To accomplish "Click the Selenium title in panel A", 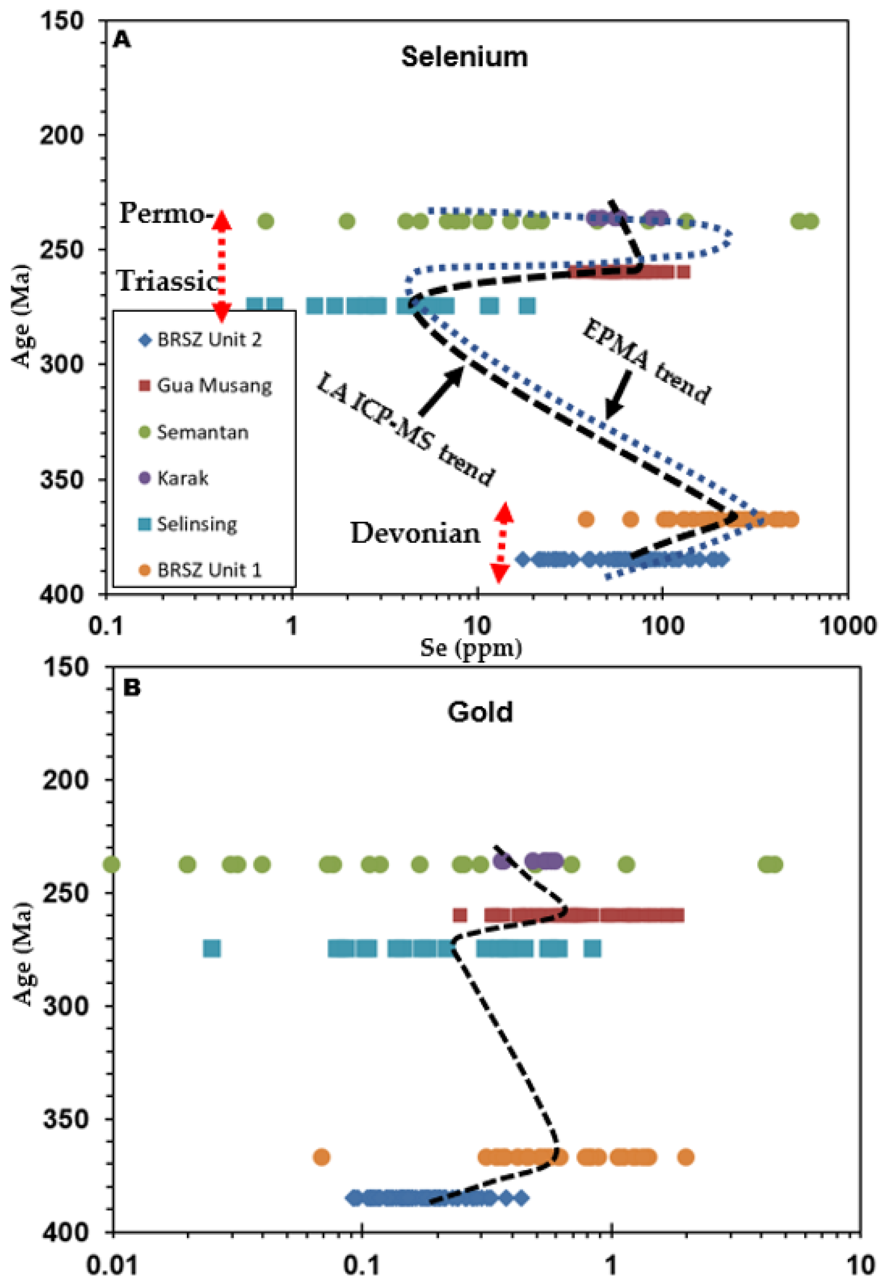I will click(x=464, y=57).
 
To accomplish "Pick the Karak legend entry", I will click(x=182, y=478).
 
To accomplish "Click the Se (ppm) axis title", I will click(x=471, y=647).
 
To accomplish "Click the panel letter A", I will click(x=122, y=40).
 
